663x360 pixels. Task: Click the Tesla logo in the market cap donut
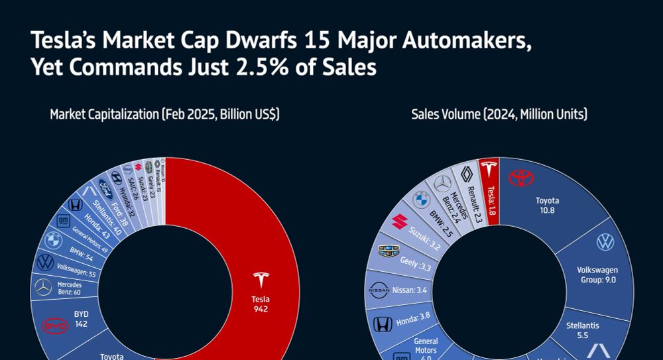coord(261,280)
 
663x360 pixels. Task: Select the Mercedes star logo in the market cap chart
coord(43,287)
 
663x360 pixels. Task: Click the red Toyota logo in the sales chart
coord(521,178)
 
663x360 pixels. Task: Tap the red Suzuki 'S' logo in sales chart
coord(399,221)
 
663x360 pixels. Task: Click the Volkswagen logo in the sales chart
coord(605,242)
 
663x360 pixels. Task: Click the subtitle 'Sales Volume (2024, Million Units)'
coord(499,115)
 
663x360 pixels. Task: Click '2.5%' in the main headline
coord(288,68)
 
